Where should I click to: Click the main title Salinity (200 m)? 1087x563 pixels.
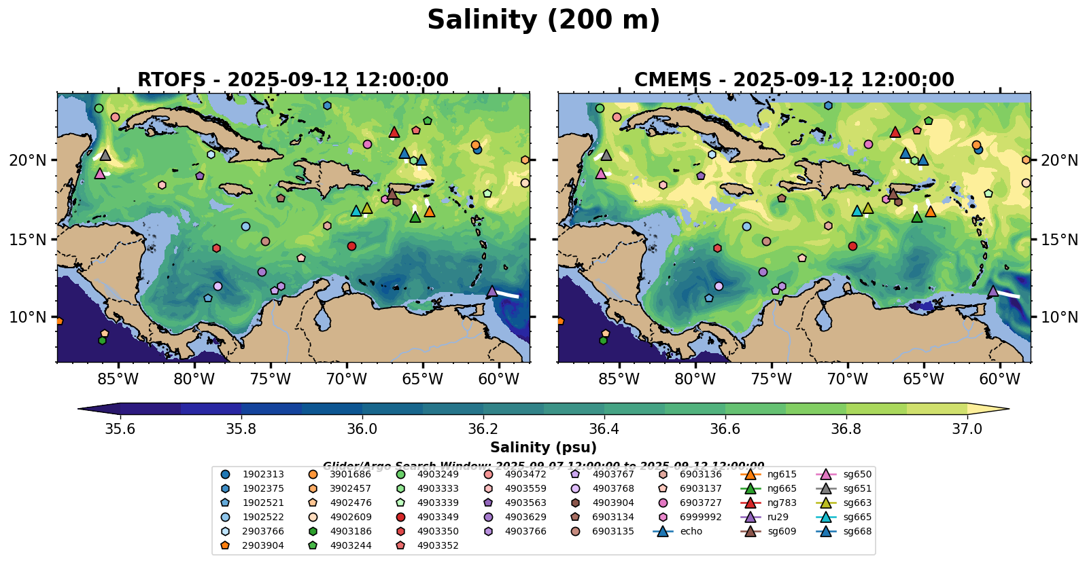point(543,20)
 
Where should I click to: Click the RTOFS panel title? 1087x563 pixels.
point(293,80)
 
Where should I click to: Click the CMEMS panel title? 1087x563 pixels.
point(794,80)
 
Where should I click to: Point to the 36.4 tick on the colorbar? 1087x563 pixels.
point(604,429)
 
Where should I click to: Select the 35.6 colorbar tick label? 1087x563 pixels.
point(120,429)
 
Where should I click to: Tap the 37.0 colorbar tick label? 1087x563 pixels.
point(967,429)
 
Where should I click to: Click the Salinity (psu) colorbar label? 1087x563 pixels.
point(543,448)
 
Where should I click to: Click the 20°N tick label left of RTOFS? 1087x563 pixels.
point(28,160)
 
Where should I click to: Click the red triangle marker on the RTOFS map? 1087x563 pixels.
point(394,132)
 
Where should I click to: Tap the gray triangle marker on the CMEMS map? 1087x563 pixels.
point(606,155)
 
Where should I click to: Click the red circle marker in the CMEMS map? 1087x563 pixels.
point(852,246)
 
